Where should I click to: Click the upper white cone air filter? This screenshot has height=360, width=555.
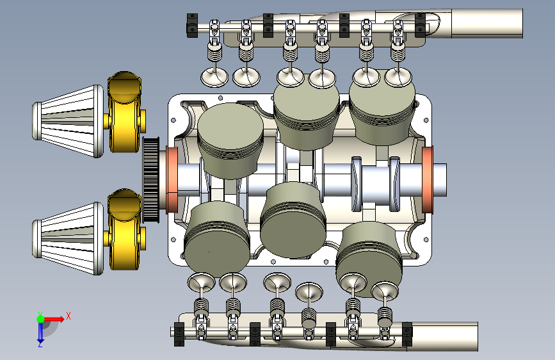coord(68,121)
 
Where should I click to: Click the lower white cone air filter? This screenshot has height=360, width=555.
coord(68,239)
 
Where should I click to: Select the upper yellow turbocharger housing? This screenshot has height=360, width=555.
coord(124,112)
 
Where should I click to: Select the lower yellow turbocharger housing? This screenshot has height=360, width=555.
coord(124,229)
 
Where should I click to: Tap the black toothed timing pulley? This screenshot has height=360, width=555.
coord(151,179)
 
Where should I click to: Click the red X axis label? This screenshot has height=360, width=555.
coord(68,316)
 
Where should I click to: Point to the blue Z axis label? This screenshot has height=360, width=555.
coord(40,344)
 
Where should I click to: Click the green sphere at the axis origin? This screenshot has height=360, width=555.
coord(41,319)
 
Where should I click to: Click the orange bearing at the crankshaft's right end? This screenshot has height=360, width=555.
coord(428,180)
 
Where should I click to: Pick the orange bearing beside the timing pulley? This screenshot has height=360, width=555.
coord(172,180)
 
